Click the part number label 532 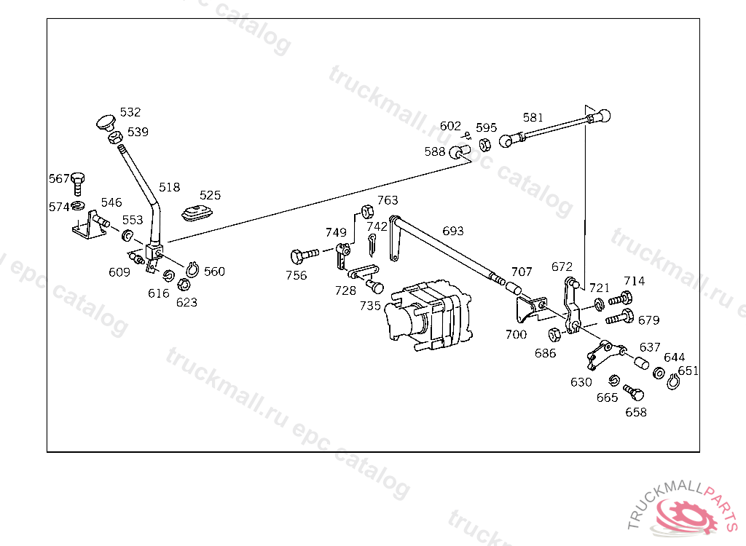130,112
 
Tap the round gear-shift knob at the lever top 106,123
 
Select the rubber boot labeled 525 197,213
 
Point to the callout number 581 533,117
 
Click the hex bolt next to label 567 77,183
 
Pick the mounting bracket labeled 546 90,225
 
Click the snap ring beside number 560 192,269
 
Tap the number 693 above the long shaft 453,232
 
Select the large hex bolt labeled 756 305,256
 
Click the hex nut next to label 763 367,212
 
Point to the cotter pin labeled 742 372,245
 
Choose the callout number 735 370,306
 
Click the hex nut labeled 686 554,335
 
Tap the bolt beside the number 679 620,317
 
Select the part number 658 636,412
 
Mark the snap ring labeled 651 672,381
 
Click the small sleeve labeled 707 514,288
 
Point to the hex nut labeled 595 484,145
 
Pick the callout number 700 517,335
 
